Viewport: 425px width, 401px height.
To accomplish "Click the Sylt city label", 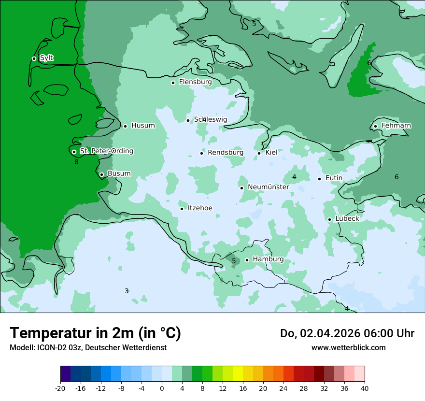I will [46, 58].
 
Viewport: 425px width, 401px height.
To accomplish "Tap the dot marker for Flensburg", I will [173, 83].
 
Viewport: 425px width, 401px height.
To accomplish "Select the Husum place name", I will [143, 126].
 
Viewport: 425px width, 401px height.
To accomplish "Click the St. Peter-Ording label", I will [106, 151].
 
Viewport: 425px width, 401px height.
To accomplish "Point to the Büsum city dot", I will [101, 174].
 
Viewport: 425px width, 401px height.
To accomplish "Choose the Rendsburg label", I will [226, 153].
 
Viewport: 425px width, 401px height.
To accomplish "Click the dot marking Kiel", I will [259, 153].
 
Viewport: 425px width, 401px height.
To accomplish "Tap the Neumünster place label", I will [268, 187].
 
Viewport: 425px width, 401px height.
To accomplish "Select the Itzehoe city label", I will [200, 208].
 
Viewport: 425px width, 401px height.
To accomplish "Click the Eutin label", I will [334, 178].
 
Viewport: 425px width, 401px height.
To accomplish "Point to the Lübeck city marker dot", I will [329, 219].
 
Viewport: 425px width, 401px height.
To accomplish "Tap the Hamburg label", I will [268, 259].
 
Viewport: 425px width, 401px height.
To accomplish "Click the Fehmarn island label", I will [396, 126].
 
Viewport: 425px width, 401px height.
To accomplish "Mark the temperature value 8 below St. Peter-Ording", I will [76, 162].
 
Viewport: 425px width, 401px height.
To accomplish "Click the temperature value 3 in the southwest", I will [127, 291].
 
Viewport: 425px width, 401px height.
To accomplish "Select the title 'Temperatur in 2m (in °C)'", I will [95, 333].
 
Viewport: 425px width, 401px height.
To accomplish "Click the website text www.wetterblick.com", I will [348, 348].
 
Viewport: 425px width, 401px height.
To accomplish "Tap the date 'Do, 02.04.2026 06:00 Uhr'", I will [347, 333].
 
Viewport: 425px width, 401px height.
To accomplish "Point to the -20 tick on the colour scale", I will [60, 388].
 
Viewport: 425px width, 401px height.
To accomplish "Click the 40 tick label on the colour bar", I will [364, 388].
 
